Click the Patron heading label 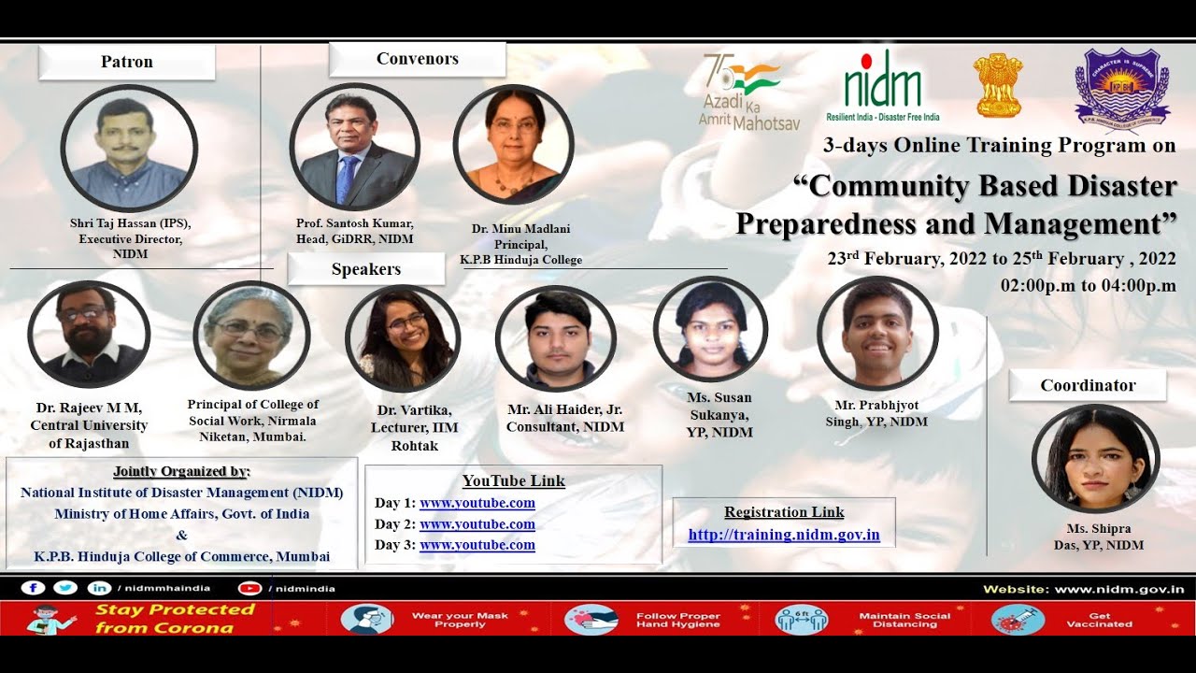click(x=127, y=63)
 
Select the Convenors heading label click(x=417, y=59)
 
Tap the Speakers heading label click(x=366, y=269)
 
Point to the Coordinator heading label click(x=1088, y=385)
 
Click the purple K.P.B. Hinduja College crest click(x=1121, y=87)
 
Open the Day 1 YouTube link click(x=477, y=503)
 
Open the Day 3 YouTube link click(x=477, y=545)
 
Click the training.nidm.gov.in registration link click(x=784, y=536)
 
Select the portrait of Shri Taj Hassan click(x=129, y=149)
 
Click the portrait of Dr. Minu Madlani click(x=514, y=143)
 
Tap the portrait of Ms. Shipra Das click(x=1095, y=458)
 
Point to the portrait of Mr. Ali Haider click(x=556, y=337)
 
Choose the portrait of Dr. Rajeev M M click(x=89, y=334)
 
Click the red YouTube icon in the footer click(x=249, y=588)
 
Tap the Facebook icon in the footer click(x=34, y=588)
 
